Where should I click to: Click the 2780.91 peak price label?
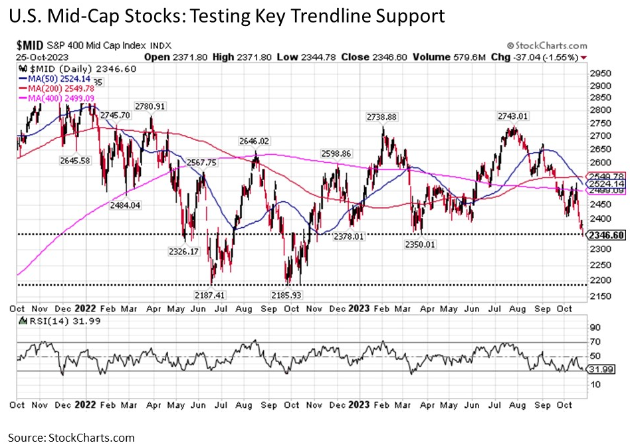[x=148, y=106]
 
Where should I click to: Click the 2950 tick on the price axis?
[x=601, y=73]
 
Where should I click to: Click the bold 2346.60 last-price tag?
[x=605, y=235]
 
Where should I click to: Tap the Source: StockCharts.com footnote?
[x=71, y=437]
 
